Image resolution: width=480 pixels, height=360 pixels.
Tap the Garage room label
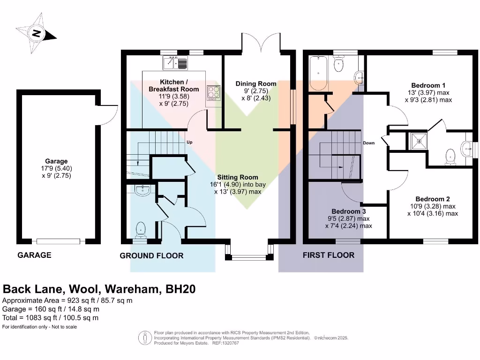coord(56,161)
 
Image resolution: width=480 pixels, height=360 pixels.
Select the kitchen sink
coord(175,62)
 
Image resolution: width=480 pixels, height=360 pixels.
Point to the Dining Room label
coord(255,84)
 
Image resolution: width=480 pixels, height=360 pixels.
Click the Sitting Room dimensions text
coord(236,188)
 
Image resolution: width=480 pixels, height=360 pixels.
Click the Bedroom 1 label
coord(428,85)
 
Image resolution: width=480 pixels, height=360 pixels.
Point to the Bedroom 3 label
coord(348,211)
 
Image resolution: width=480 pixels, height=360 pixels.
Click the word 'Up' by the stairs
coord(189,142)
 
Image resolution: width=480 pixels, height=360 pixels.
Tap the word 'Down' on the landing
coord(368,142)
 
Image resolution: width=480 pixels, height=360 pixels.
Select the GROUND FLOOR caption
coord(151,255)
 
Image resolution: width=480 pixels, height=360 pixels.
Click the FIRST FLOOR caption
coord(328,255)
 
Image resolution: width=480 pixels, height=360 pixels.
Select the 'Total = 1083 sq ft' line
coord(51,318)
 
